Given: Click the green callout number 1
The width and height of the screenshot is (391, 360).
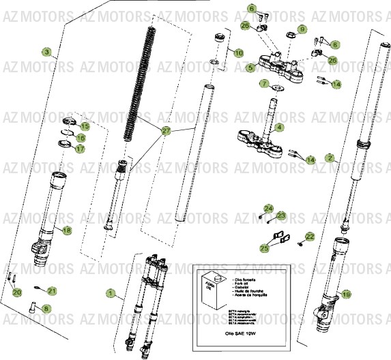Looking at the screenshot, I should pos(111,293).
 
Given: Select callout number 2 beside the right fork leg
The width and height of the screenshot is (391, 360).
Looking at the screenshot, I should pos(330,158).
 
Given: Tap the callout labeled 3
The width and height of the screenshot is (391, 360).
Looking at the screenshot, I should pos(46,52).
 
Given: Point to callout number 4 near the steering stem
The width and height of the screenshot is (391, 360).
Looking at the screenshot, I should pos(280,127).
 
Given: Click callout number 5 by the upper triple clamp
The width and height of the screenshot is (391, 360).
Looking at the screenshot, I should pos(250,67).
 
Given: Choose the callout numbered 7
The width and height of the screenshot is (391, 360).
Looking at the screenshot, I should pos(264,85).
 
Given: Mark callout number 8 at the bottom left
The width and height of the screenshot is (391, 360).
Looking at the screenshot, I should pos(46,308).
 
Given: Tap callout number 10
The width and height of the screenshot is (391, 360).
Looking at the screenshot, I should pos(237,52).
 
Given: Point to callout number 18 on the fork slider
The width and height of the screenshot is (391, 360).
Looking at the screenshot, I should pos(66,230).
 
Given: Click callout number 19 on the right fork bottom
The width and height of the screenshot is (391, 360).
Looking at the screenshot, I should pos(346,295).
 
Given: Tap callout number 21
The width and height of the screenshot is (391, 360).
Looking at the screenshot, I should pos(52,291).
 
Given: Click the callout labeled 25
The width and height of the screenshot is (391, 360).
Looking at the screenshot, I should pos(265,250).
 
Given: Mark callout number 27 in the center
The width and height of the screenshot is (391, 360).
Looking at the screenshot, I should pos(166,130).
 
